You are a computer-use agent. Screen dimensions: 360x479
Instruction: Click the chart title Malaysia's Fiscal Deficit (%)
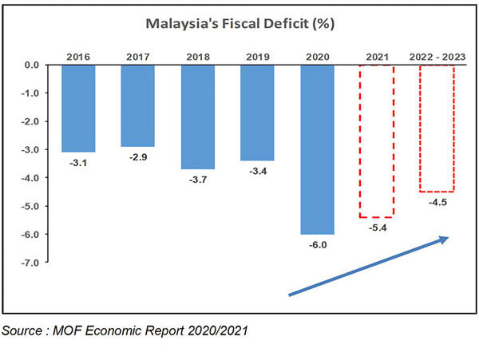[x=239, y=24]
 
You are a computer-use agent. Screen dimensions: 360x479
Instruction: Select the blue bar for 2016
[x=78, y=108]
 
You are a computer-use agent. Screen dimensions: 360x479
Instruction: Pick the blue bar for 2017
[x=137, y=105]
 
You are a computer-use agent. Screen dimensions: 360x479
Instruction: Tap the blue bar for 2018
[x=198, y=117]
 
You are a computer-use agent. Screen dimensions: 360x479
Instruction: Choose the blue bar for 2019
[x=257, y=113]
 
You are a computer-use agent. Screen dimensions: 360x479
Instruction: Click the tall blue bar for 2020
[x=317, y=149]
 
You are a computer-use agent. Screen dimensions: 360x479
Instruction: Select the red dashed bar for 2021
[x=376, y=140]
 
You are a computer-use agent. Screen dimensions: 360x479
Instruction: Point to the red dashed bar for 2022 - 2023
[x=436, y=128]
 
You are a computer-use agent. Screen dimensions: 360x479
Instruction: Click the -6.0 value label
[x=317, y=244]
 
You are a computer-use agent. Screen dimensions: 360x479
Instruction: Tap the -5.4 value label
[x=376, y=227]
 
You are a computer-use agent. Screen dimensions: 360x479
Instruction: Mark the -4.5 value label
[x=436, y=202]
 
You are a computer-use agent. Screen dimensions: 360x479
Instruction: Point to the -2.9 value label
[x=137, y=156]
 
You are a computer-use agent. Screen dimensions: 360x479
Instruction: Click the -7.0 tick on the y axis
[x=30, y=262]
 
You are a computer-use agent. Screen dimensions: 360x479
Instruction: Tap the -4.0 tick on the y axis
[x=30, y=177]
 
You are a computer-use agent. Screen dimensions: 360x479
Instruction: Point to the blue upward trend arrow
[x=368, y=267]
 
